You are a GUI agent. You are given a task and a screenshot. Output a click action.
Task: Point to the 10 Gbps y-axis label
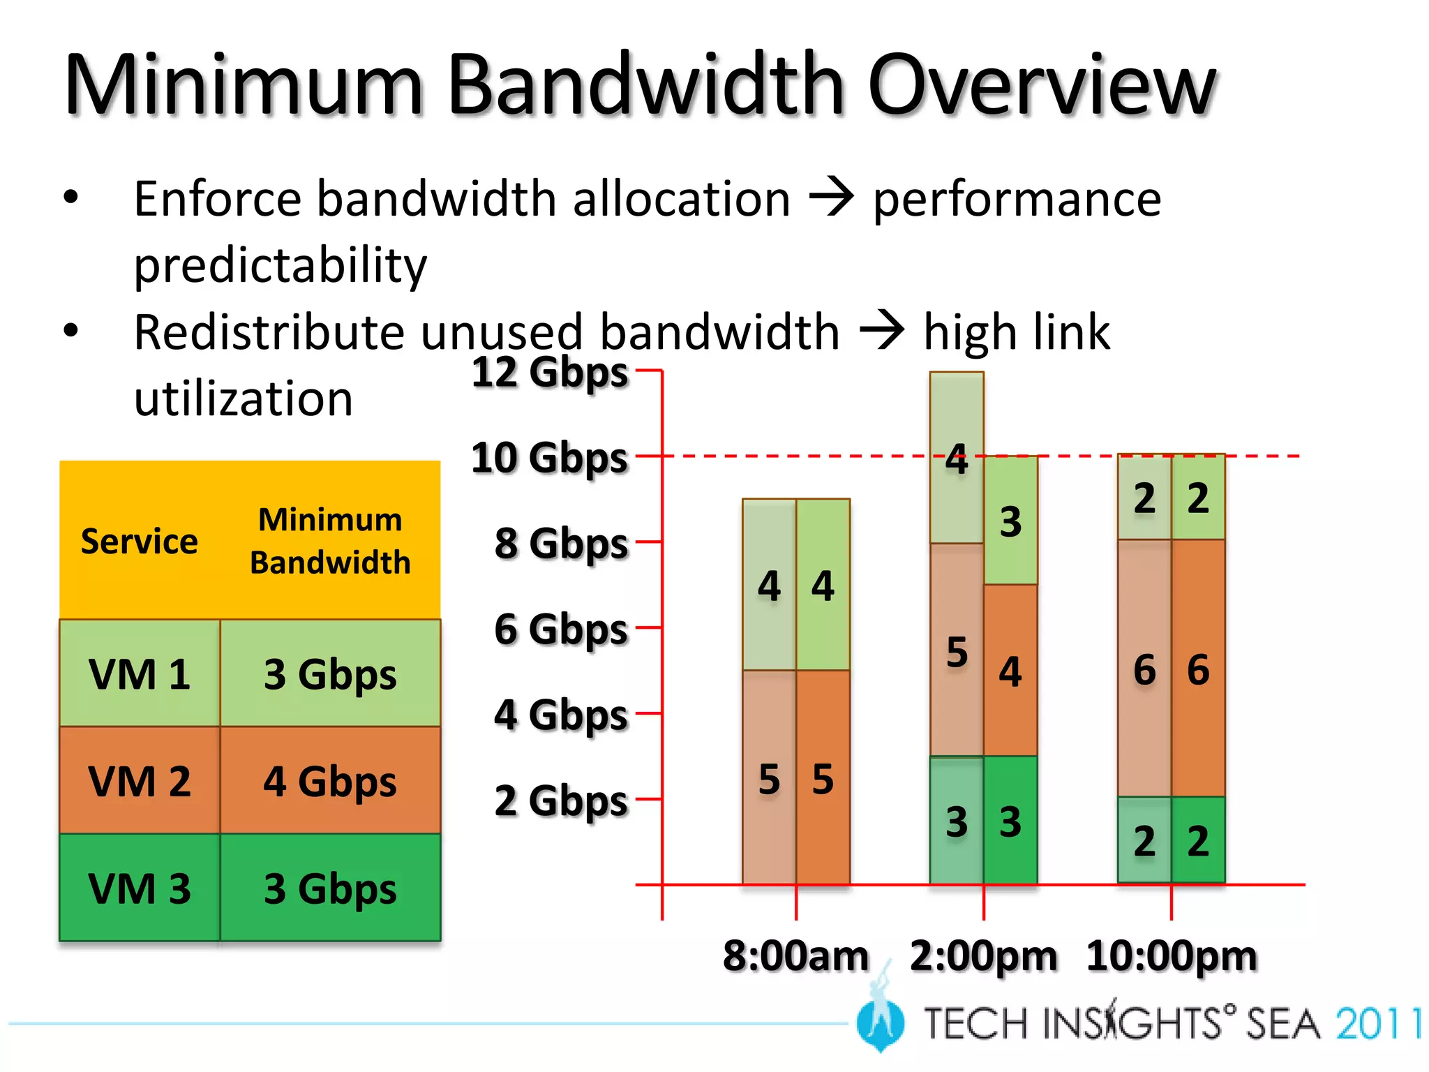click(x=550, y=458)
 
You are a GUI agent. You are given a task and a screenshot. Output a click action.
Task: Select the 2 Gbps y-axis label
click(x=561, y=801)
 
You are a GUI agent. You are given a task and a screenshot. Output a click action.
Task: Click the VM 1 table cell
click(x=140, y=673)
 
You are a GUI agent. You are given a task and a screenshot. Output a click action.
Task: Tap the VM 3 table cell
click(x=140, y=888)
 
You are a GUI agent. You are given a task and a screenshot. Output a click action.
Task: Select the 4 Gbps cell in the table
click(x=330, y=780)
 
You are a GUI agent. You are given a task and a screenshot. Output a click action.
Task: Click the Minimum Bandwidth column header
click(x=330, y=541)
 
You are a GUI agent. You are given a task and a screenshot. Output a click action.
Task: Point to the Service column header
click(x=140, y=541)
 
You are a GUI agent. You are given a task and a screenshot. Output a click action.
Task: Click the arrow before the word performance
click(x=831, y=198)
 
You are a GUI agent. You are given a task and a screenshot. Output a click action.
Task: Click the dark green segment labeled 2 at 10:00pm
click(x=1198, y=840)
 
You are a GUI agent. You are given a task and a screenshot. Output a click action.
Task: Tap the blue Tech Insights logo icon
click(x=881, y=1022)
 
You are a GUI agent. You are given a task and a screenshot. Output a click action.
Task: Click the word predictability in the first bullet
click(x=280, y=265)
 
